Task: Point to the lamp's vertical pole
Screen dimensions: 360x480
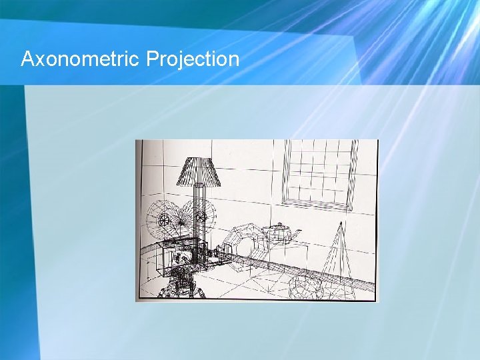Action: click(x=199, y=207)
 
